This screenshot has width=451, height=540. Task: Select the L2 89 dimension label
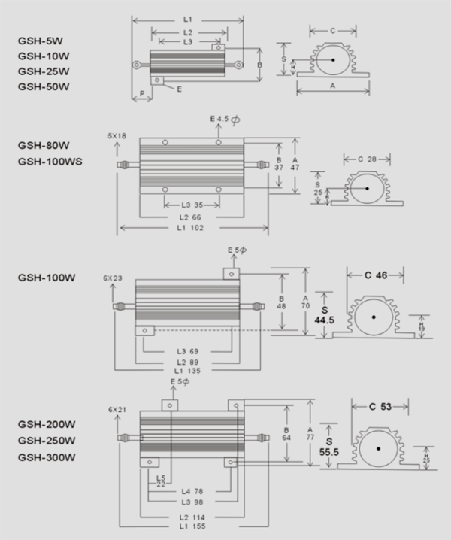[x=189, y=361]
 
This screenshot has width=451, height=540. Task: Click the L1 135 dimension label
[x=189, y=371]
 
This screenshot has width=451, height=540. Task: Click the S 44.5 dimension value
[x=325, y=315]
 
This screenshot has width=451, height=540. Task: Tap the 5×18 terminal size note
[x=117, y=136]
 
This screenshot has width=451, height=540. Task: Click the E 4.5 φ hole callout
[x=224, y=119]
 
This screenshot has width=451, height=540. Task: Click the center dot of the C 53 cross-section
[x=378, y=450]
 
